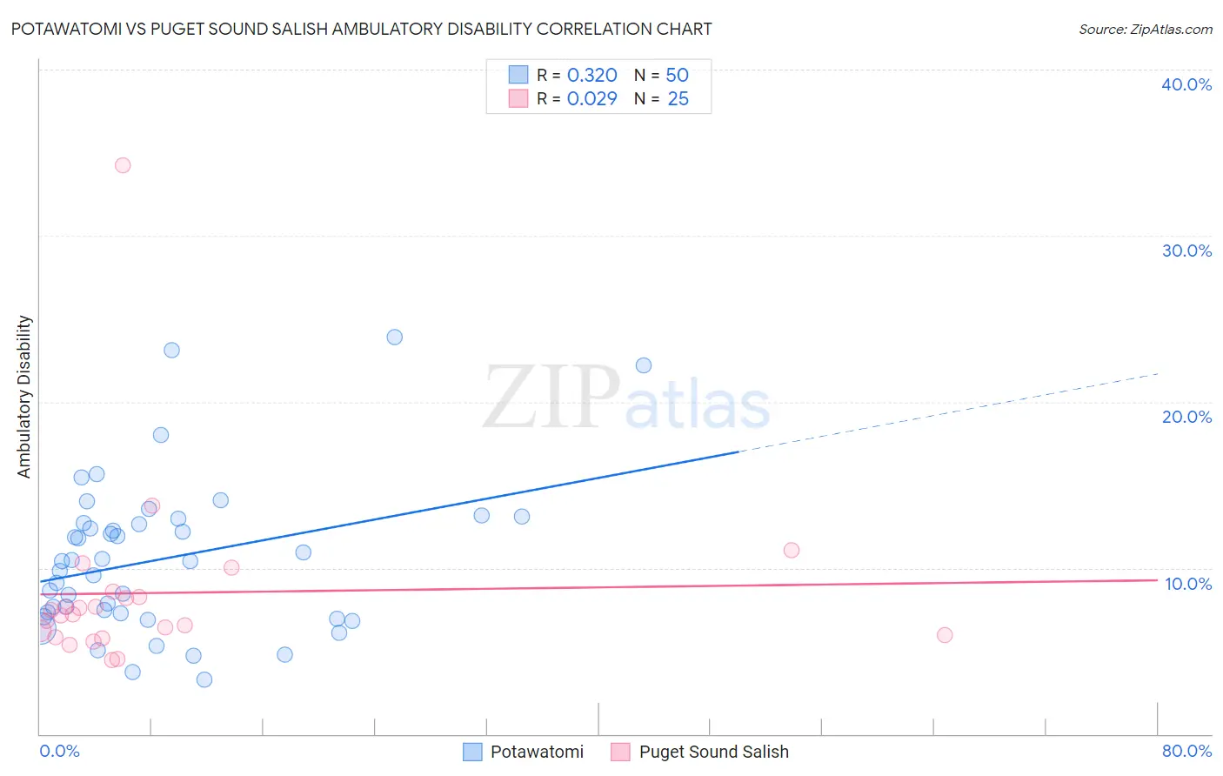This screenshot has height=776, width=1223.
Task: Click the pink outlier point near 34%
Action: (x=123, y=165)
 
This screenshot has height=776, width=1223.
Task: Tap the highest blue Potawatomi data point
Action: (x=394, y=337)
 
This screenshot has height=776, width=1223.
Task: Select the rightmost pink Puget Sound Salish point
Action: (x=945, y=635)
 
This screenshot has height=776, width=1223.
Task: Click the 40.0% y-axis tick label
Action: (x=1186, y=84)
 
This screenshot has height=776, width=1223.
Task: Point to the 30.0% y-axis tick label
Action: (x=1186, y=251)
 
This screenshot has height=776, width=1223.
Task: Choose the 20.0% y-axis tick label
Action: (x=1186, y=417)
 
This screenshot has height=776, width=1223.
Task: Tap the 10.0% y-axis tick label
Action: (x=1188, y=584)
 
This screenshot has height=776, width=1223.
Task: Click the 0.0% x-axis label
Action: (x=59, y=751)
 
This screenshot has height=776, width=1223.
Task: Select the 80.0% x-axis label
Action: (x=1186, y=751)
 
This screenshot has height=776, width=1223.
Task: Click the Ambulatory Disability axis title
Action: (x=24, y=397)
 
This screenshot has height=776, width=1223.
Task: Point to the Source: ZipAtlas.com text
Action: (x=1145, y=30)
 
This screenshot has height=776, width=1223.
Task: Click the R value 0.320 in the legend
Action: (x=591, y=76)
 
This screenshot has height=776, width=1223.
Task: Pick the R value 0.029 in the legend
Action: (x=591, y=99)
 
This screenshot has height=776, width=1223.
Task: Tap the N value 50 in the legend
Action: (x=677, y=76)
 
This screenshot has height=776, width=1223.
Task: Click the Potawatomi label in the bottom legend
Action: (x=537, y=752)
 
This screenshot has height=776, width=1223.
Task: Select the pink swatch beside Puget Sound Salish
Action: (x=620, y=752)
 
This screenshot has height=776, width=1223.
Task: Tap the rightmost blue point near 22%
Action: (x=644, y=365)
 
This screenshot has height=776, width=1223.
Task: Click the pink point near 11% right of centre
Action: (x=792, y=550)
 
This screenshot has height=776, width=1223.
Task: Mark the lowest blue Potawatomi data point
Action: (x=204, y=679)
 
